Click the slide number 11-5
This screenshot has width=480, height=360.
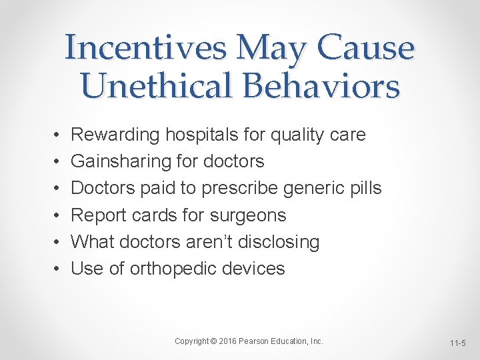458,343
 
